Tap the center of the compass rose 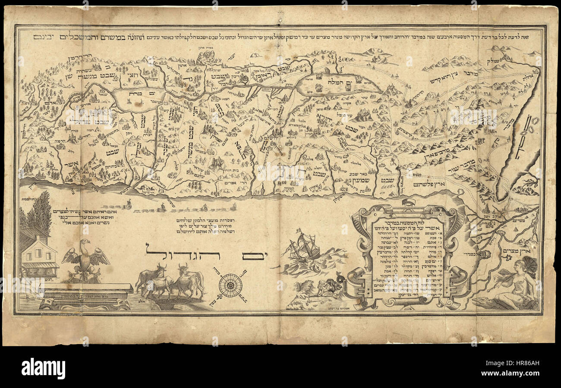tap(230, 285)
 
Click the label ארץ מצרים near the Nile tap(525, 251)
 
